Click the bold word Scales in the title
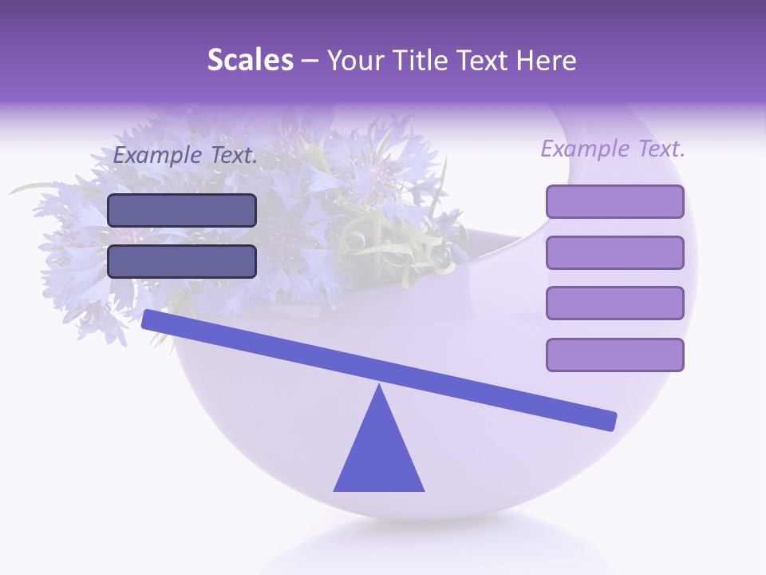tap(250, 61)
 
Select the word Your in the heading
tap(355, 61)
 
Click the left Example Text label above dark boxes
tap(185, 156)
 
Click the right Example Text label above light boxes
tap(613, 149)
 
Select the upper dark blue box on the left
tap(182, 210)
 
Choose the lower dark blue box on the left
tap(182, 261)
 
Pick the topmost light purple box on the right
tap(614, 201)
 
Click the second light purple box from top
tap(614, 252)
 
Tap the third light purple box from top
tap(614, 303)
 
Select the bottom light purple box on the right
tap(614, 355)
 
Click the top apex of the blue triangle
tap(379, 387)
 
